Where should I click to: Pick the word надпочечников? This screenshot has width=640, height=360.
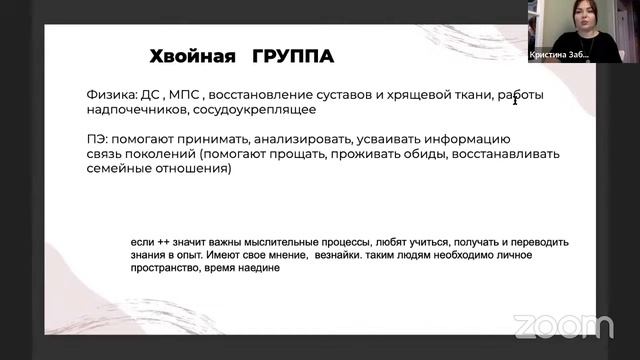(x=137, y=109)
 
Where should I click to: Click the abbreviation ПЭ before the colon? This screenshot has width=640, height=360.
(x=96, y=138)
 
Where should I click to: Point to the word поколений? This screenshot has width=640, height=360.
(x=160, y=154)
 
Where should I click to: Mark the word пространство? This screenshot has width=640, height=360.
(x=171, y=269)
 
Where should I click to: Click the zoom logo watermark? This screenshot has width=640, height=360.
(x=563, y=326)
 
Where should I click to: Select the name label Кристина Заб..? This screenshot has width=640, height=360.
(x=559, y=57)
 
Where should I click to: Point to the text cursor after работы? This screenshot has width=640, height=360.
(x=514, y=98)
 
